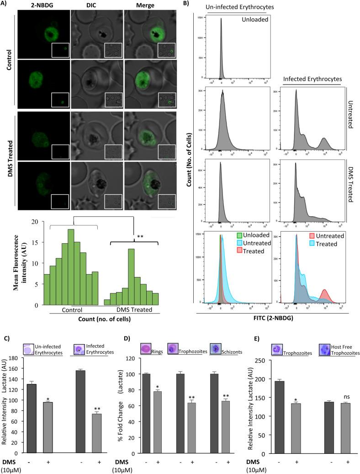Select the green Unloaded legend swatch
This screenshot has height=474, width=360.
click(239, 236)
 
